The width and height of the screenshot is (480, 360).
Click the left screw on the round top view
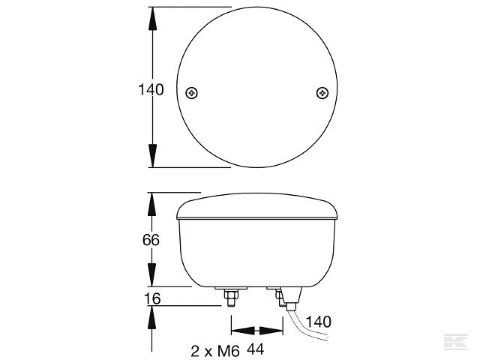[193, 92]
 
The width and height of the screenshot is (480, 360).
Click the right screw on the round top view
[322, 92]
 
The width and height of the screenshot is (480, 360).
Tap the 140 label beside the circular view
[151, 90]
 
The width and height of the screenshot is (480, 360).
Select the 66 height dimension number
[151, 240]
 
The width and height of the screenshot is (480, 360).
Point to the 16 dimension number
[151, 298]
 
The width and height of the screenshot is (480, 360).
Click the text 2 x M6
[214, 349]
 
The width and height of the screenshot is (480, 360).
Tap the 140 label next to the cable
[318, 322]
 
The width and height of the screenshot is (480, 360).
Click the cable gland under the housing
[289, 300]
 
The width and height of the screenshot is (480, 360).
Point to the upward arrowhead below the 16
[152, 316]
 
